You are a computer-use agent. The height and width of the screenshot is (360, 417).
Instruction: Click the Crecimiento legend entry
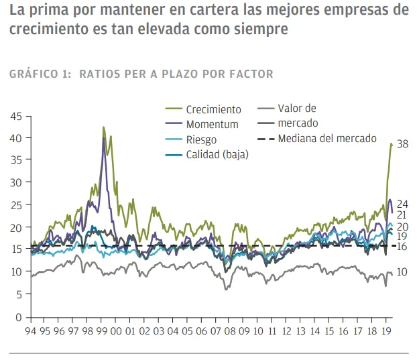(x=203, y=109)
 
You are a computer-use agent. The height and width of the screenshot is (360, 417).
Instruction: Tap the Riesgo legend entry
(x=191, y=139)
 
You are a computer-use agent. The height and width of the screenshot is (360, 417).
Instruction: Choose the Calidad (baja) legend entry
(x=207, y=154)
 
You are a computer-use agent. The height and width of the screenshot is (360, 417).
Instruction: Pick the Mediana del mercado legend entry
(x=317, y=139)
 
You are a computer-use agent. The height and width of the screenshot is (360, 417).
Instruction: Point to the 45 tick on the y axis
(x=16, y=116)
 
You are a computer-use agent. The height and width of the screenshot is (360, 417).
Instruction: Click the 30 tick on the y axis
(x=16, y=182)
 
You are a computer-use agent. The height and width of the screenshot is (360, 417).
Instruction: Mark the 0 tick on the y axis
(x=19, y=317)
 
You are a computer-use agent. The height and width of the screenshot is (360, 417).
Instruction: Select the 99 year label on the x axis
(x=102, y=331)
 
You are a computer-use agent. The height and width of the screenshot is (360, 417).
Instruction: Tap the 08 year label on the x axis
(x=230, y=331)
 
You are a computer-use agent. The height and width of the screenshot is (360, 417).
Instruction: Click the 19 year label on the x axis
(x=386, y=331)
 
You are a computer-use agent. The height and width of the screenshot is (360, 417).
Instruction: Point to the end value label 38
(x=402, y=144)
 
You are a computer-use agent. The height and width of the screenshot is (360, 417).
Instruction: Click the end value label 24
(x=402, y=204)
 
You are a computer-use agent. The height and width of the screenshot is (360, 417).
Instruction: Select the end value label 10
(x=402, y=272)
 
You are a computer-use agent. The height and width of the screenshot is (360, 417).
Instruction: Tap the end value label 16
(x=402, y=247)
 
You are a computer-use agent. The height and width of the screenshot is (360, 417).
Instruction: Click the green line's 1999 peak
(x=103, y=127)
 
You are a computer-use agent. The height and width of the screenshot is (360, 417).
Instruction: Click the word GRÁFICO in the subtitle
(x=34, y=74)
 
